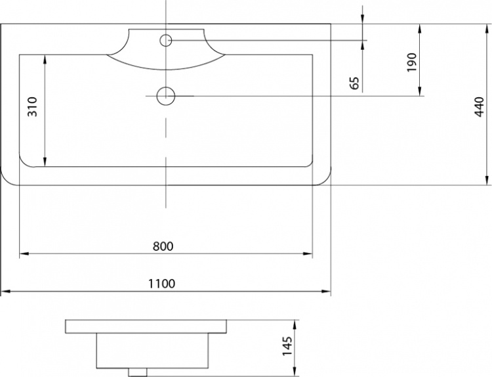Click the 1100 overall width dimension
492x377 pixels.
click(161, 284)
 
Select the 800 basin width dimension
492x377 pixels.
click(163, 246)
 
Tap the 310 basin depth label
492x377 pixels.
click(33, 107)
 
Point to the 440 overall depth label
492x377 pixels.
click(479, 107)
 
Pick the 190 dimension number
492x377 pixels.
click(412, 62)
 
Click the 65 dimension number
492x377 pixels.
click(354, 83)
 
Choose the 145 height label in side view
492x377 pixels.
click(287, 346)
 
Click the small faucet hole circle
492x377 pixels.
click(166, 40)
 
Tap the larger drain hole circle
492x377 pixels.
click(166, 96)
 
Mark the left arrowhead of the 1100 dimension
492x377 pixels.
click(7, 292)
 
